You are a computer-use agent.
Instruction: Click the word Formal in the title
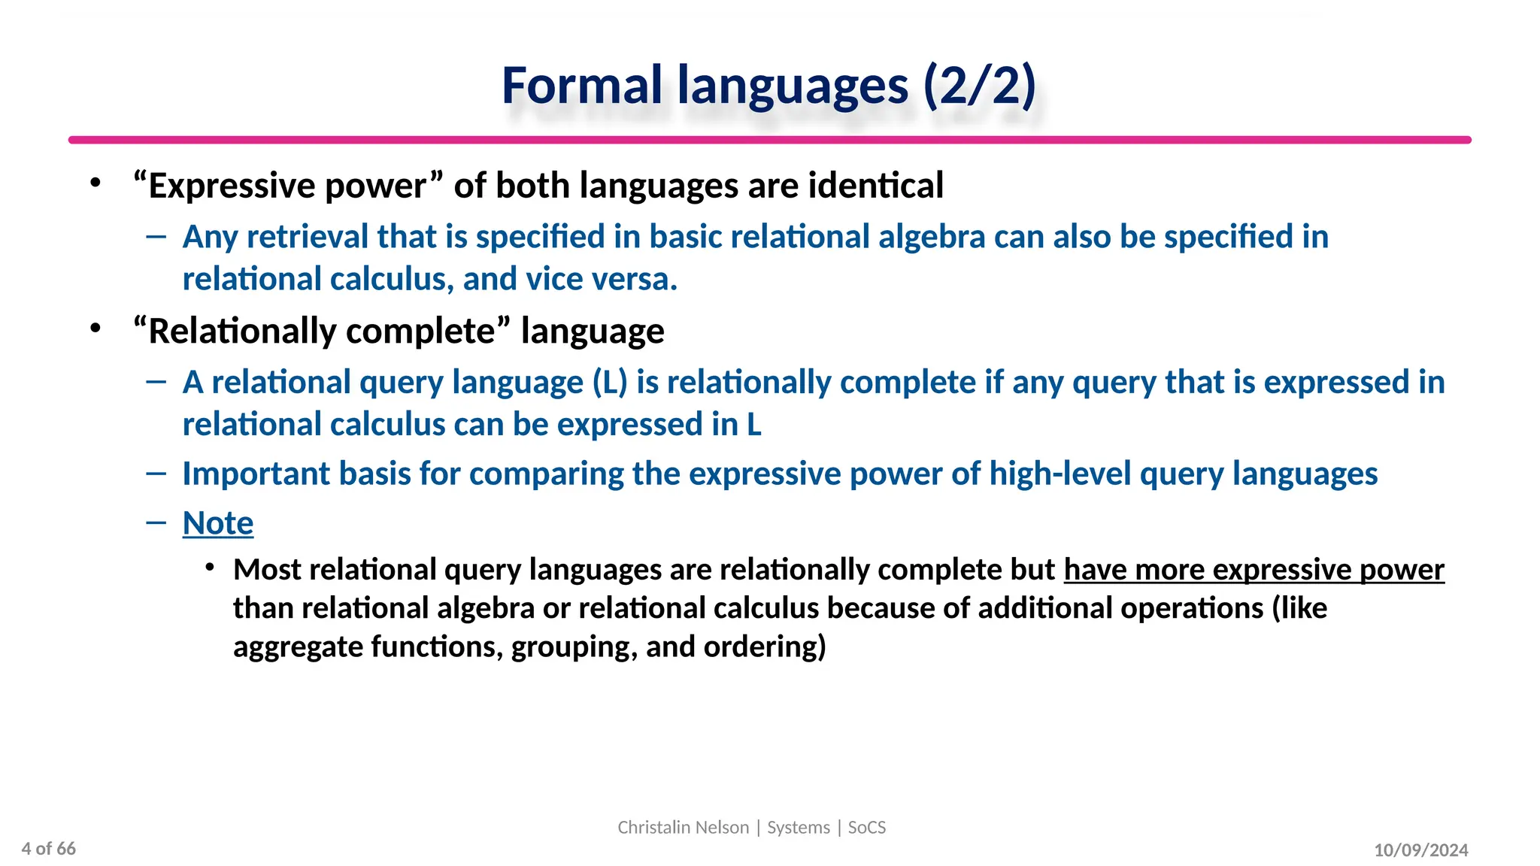coord(581,86)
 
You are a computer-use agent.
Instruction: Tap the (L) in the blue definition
coord(610,383)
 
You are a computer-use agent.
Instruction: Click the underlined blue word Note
coord(218,523)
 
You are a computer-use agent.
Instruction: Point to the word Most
coord(267,570)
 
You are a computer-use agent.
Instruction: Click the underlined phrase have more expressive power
coord(1254,570)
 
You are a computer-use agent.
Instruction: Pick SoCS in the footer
coord(867,828)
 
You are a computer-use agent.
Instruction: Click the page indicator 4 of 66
coord(49,849)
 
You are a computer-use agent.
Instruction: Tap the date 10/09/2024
coord(1420,850)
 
